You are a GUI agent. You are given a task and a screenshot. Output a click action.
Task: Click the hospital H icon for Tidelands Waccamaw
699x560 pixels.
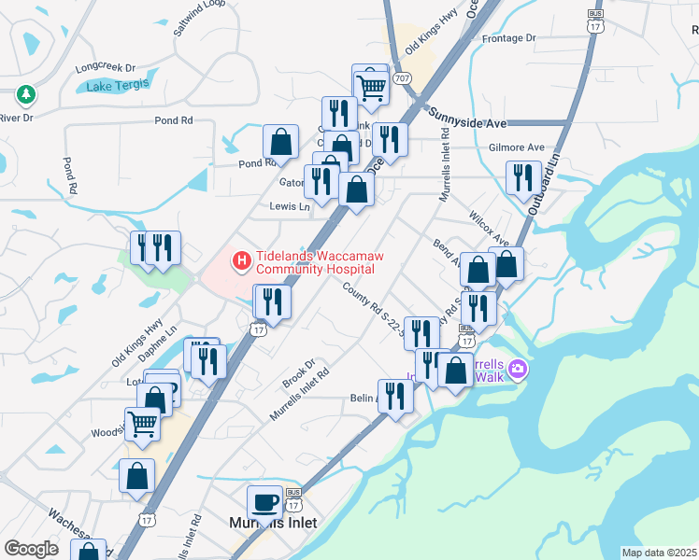coord(241,259)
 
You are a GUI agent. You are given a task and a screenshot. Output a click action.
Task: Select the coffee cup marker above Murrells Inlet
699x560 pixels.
coord(264,502)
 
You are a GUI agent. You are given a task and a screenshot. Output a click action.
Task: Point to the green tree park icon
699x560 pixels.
coord(25,94)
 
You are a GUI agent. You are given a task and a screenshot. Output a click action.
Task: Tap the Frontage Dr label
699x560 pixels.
coord(508,38)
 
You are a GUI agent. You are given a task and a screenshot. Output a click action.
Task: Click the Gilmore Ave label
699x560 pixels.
coord(516,147)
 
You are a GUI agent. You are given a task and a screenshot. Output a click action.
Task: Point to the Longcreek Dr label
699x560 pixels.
coord(106,67)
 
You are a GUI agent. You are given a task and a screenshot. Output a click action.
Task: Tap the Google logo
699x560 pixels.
coord(31,549)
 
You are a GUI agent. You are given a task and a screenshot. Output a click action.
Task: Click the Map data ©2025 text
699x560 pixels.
coord(659,553)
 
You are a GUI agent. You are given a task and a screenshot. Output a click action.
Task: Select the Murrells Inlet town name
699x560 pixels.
coord(273,523)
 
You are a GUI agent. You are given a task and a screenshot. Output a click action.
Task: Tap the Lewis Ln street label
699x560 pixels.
coord(289,206)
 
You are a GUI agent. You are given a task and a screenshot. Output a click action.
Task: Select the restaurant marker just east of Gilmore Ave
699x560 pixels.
coord(523,175)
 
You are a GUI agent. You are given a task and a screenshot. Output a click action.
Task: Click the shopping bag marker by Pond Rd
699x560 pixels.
coord(280,142)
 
